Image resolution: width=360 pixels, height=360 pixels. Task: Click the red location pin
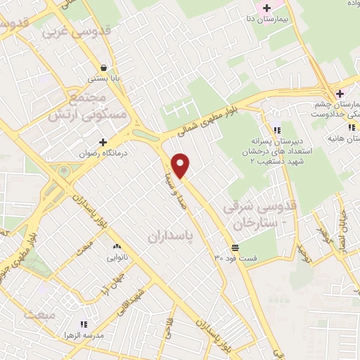click(181, 165)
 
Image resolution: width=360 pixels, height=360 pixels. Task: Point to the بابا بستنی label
click(103, 79)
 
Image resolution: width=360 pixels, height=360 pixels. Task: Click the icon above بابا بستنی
click(103, 68)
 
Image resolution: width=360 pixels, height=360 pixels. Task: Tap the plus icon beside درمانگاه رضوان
click(103, 142)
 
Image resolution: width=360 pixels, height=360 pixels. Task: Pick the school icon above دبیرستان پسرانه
click(276, 129)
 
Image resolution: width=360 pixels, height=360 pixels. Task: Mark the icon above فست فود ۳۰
click(234, 247)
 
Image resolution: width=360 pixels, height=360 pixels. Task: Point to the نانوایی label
click(116, 257)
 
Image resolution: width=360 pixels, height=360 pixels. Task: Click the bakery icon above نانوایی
click(116, 247)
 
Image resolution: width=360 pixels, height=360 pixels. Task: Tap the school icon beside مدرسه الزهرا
click(84, 324)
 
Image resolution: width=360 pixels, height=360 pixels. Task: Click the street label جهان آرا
click(115, 285)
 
